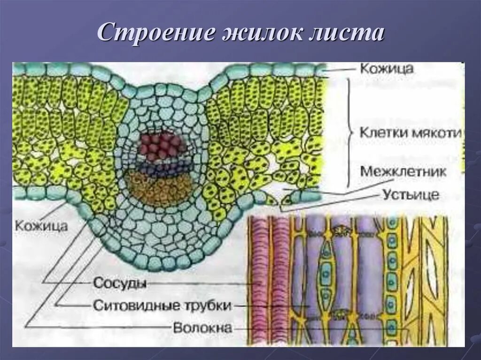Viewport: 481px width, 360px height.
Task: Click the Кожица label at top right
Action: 387,69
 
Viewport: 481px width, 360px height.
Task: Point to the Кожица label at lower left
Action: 41,226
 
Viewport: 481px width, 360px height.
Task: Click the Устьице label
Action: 411,194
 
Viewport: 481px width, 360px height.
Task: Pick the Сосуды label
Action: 120,283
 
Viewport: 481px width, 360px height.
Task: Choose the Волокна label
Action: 202,328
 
